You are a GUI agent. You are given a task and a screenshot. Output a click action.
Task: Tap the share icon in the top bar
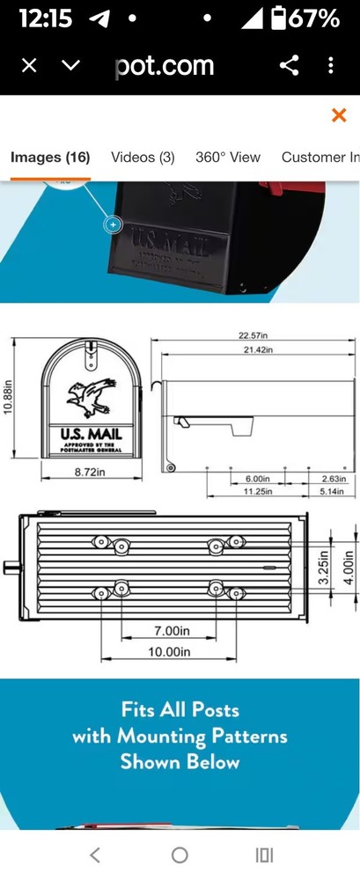click(289, 65)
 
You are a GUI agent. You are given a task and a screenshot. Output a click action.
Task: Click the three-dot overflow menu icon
click(331, 65)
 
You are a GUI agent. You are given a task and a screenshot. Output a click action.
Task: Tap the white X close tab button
click(29, 65)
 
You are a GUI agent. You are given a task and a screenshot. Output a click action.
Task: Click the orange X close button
click(338, 115)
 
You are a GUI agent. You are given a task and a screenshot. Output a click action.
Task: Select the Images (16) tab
click(50, 158)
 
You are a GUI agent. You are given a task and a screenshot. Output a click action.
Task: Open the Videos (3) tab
click(143, 158)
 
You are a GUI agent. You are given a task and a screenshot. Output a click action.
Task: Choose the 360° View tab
click(228, 158)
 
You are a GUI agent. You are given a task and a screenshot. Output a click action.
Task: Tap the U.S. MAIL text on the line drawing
click(92, 434)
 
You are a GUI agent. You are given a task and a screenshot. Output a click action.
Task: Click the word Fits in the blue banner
click(143, 709)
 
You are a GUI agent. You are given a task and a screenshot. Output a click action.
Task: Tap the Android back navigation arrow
click(95, 854)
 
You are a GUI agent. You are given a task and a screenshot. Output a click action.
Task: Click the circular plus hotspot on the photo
click(113, 224)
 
